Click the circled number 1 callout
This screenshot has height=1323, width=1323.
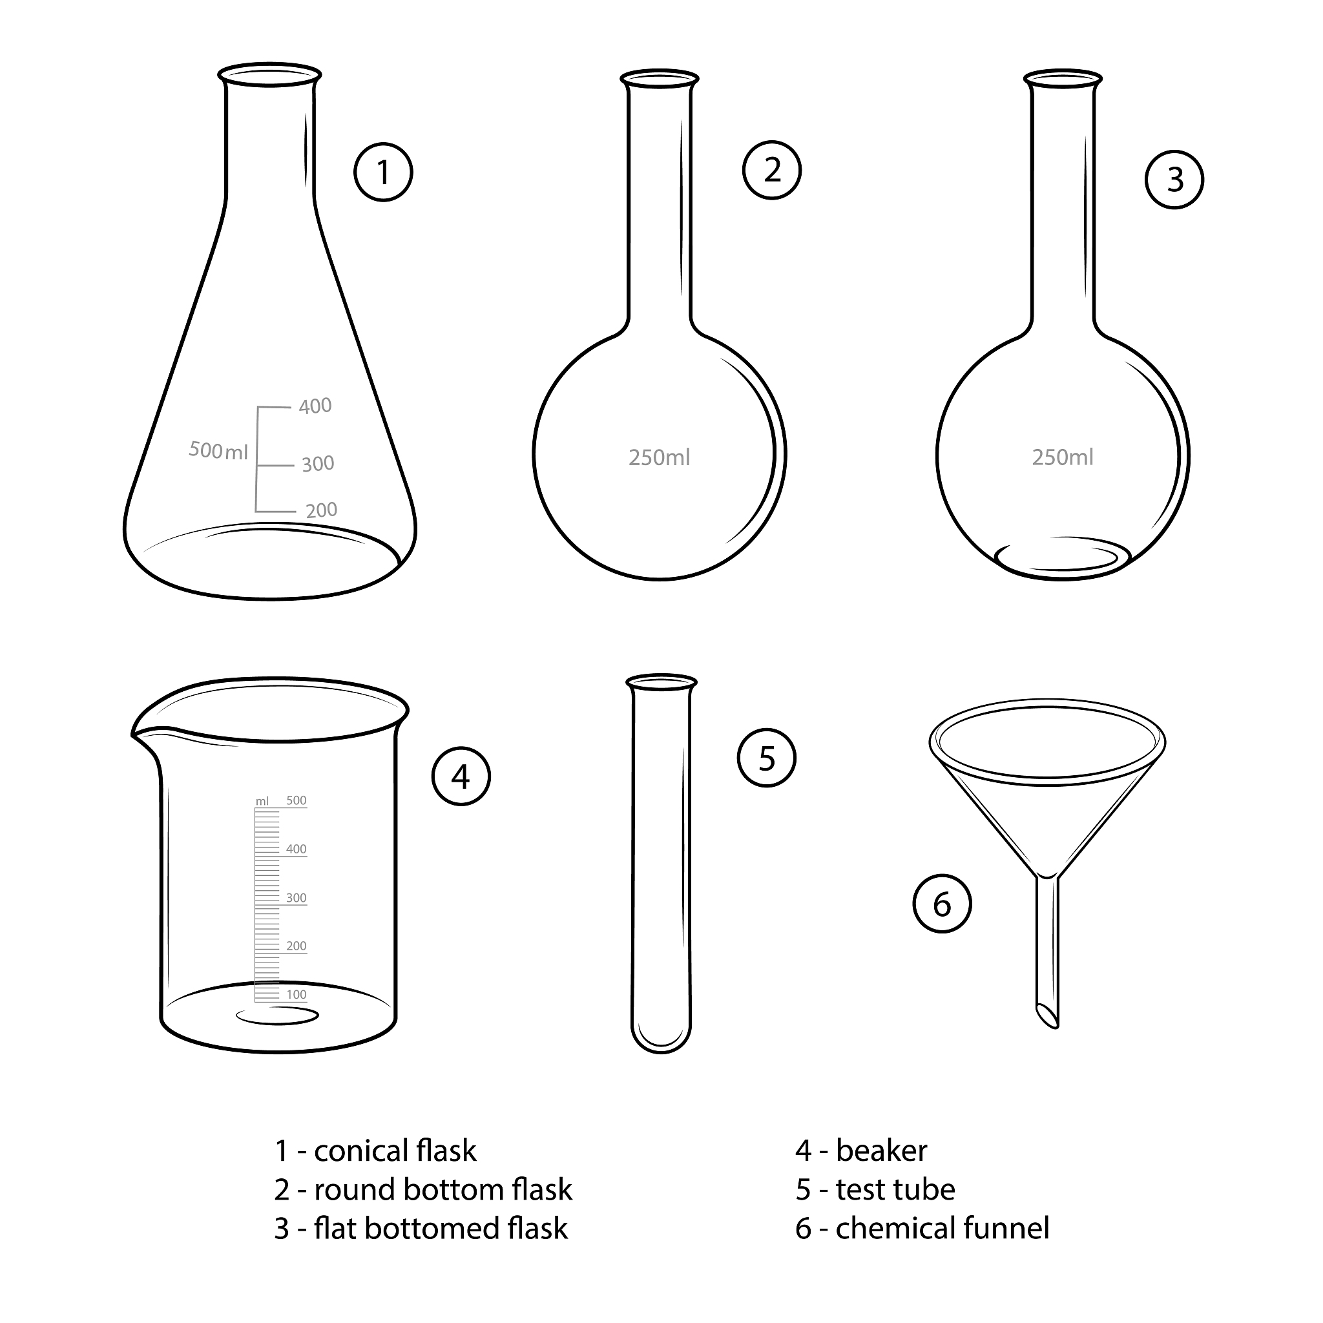pyautogui.click(x=384, y=172)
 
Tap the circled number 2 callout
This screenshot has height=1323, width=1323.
pyautogui.click(x=772, y=170)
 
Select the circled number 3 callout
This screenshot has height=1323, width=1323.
pyautogui.click(x=1174, y=180)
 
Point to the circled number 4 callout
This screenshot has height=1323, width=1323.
pyautogui.click(x=461, y=776)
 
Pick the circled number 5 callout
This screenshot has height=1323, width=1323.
pyautogui.click(x=766, y=757)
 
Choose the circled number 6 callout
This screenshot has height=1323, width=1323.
pyautogui.click(x=943, y=904)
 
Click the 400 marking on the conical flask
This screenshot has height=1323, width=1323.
pyautogui.click(x=315, y=406)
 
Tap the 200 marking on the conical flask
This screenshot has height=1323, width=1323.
pyautogui.click(x=321, y=510)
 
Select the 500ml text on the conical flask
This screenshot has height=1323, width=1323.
pyautogui.click(x=218, y=451)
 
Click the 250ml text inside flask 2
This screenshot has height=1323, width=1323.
pyautogui.click(x=660, y=457)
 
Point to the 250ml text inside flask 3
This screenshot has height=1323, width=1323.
pyautogui.click(x=1063, y=457)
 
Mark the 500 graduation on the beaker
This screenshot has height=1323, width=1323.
pyautogui.click(x=297, y=800)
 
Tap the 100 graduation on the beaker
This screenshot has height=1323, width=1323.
pyautogui.click(x=297, y=995)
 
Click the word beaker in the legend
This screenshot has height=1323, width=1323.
pyautogui.click(x=881, y=1151)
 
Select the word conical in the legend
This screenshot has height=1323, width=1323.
pyautogui.click(x=360, y=1151)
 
